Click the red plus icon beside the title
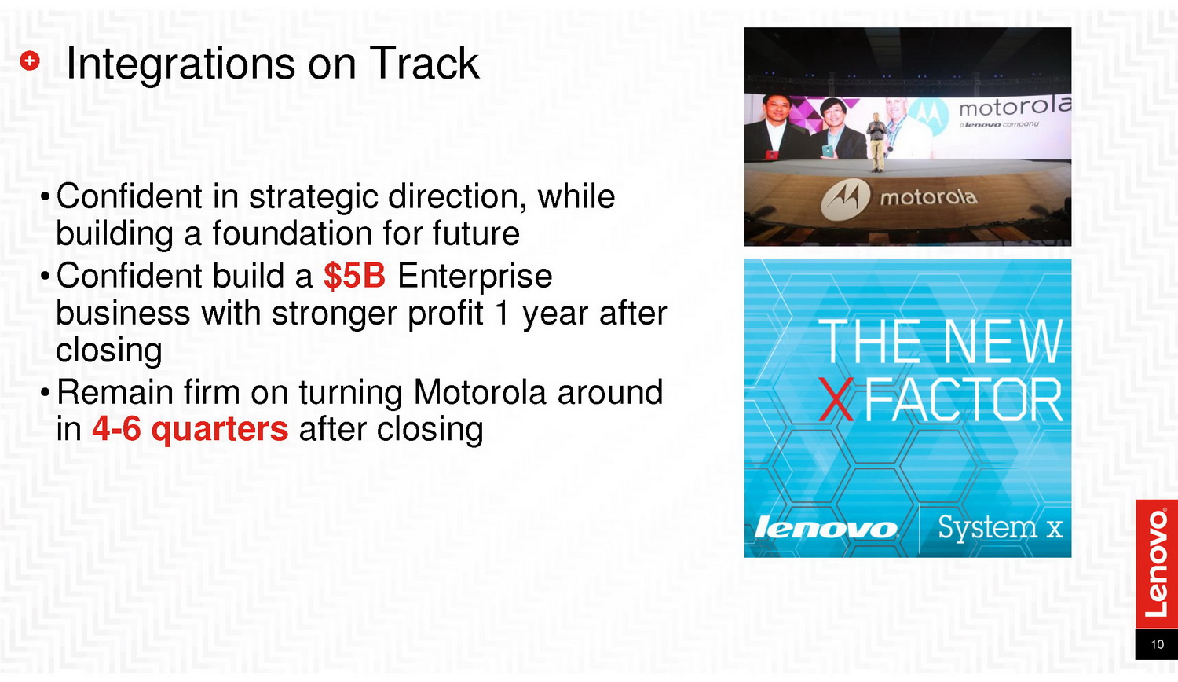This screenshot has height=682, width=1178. [x=30, y=61]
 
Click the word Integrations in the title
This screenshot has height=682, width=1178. [x=181, y=64]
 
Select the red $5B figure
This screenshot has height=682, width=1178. [x=354, y=275]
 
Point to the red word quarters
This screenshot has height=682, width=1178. [x=220, y=430]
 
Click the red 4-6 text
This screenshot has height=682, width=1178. [x=116, y=428]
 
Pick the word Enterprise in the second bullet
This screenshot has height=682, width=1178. [x=474, y=277]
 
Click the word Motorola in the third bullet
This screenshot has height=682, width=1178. [x=480, y=392]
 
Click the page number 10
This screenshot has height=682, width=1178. [x=1157, y=644]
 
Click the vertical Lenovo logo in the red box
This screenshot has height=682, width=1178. [x=1156, y=563]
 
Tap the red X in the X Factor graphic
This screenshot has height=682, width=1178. [x=836, y=399]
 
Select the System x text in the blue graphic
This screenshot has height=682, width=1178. [x=1001, y=528]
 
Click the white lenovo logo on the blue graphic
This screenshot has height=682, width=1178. [x=826, y=528]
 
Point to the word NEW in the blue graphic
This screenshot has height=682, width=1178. [x=1003, y=342]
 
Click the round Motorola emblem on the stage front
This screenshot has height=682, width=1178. [x=846, y=200]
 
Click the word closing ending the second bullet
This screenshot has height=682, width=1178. [x=109, y=350]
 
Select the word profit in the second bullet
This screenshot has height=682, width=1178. [x=445, y=314]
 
